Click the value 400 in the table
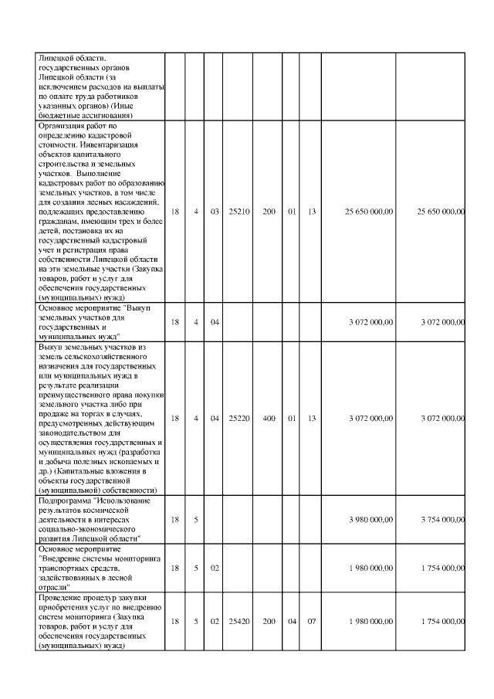[x=269, y=418]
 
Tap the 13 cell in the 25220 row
[x=312, y=418]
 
